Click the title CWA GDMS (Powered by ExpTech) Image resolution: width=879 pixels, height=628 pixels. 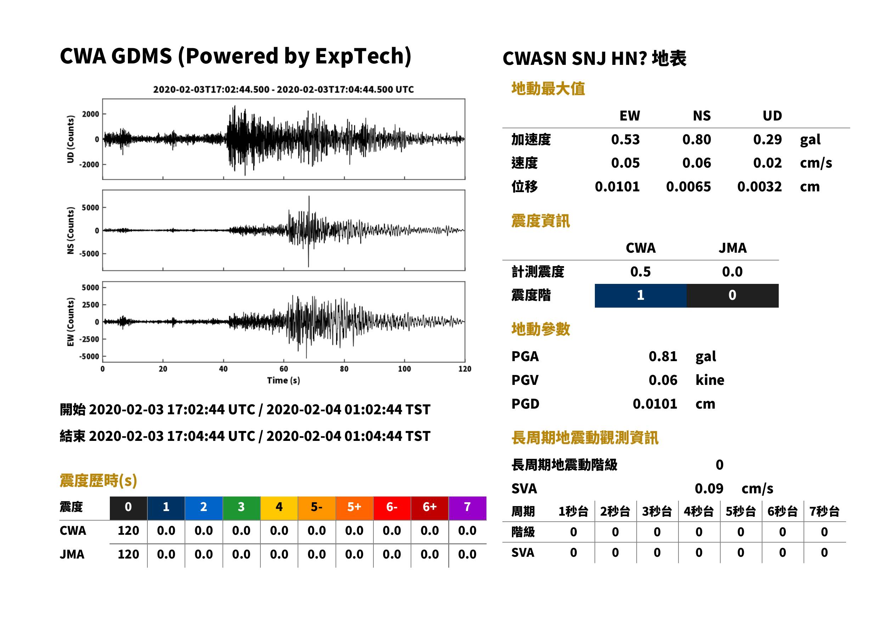235,56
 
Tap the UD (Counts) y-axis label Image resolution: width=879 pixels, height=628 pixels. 71,139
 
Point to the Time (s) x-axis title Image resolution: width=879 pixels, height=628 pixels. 283,381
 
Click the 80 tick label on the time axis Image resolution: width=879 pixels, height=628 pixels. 344,369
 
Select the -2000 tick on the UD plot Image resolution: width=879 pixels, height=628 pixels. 89,164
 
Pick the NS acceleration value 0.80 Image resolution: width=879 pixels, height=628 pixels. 697,140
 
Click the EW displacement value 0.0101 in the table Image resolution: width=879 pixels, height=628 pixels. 617,187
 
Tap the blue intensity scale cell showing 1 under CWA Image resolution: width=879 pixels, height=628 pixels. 641,296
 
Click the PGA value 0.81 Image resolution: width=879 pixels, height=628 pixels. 663,357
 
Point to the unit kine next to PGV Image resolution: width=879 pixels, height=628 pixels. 710,380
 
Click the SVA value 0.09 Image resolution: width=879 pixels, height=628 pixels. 709,489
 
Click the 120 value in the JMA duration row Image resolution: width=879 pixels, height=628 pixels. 128,555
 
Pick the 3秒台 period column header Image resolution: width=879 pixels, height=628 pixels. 657,512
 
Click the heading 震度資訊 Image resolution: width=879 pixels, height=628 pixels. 541,221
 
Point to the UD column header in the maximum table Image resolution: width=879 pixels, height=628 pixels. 772,116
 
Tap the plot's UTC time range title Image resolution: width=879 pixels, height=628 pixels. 283,90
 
